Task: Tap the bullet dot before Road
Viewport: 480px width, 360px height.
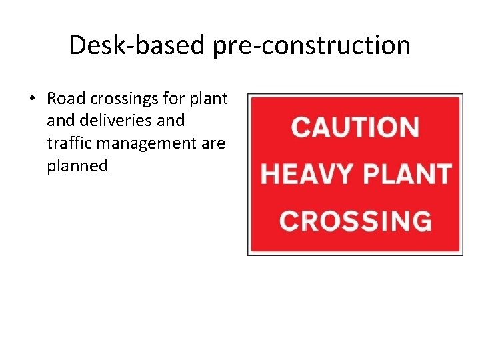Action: coord(31,99)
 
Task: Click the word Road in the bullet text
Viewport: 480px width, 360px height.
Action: coord(65,99)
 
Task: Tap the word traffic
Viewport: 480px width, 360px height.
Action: coord(66,143)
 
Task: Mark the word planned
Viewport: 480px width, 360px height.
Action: coord(77,166)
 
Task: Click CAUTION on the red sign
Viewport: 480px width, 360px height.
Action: coord(355,127)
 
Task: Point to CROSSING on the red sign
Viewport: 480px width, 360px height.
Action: coord(355,220)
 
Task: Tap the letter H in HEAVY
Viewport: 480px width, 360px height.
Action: coord(270,173)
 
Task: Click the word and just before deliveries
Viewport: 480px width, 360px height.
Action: coord(61,121)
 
